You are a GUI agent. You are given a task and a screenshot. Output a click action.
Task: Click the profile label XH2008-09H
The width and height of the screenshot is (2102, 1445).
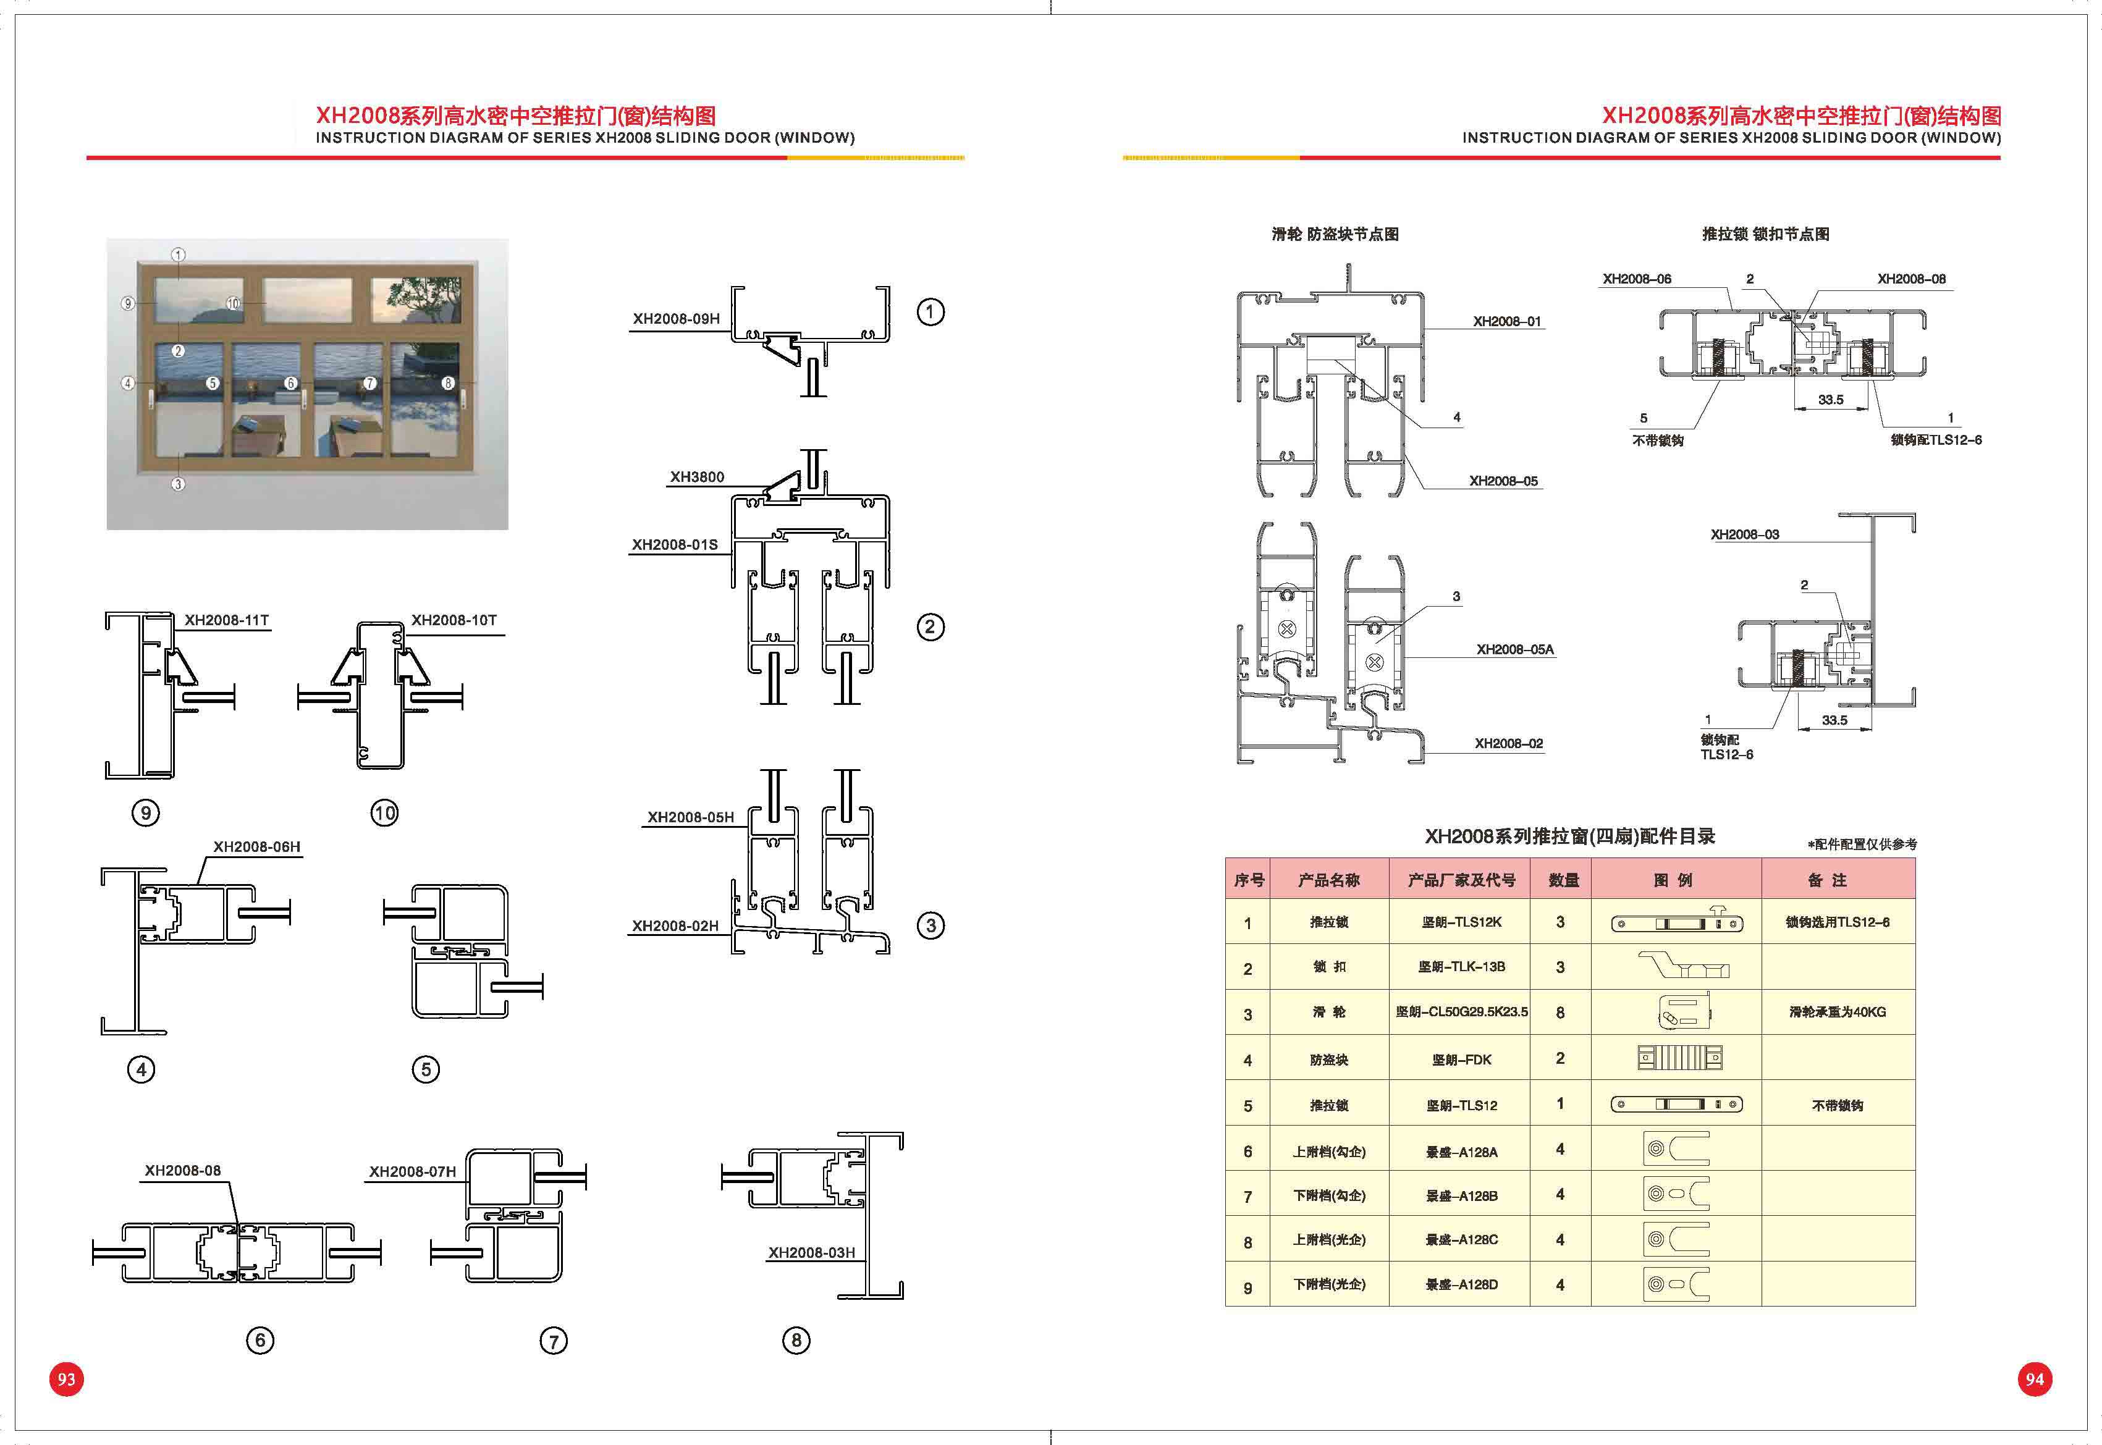pos(675,319)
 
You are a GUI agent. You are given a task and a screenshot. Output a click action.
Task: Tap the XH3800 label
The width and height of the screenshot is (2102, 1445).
pos(696,477)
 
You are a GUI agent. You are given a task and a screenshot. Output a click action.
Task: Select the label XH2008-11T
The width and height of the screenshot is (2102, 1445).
pos(226,620)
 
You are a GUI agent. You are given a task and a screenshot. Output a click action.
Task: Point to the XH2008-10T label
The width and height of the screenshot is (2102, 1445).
pos(454,620)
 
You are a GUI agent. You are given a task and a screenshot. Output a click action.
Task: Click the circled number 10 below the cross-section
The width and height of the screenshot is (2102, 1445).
pos(384,813)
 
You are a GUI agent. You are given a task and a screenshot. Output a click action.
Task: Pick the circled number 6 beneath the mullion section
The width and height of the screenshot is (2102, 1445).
pos(260,1340)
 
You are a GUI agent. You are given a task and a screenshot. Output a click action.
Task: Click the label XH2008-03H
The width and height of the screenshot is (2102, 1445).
pos(811,1253)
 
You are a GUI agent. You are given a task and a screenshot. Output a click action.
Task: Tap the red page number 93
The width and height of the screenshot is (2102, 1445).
pos(66,1379)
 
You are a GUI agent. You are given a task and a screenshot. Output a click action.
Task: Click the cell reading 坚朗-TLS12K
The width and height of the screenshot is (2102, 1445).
pos(1460,922)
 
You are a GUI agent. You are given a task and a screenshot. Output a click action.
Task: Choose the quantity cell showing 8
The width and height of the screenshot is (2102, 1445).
pos(1560,1012)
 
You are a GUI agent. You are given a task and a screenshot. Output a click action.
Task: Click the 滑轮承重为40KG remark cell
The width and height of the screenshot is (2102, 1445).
pos(1837,1012)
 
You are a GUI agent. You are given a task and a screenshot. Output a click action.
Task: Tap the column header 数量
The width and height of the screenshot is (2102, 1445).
pos(1563,880)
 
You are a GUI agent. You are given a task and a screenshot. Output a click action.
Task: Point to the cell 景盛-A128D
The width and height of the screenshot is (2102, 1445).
pos(1460,1285)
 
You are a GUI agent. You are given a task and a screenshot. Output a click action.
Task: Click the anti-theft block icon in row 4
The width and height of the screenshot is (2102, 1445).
pos(1679,1058)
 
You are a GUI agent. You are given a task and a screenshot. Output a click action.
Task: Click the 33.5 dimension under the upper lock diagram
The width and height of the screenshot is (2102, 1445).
pos(1830,399)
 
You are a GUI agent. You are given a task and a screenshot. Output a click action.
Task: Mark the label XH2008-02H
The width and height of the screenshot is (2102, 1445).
pos(675,926)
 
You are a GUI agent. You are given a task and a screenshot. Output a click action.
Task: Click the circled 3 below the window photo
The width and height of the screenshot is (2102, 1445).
pos(179,484)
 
